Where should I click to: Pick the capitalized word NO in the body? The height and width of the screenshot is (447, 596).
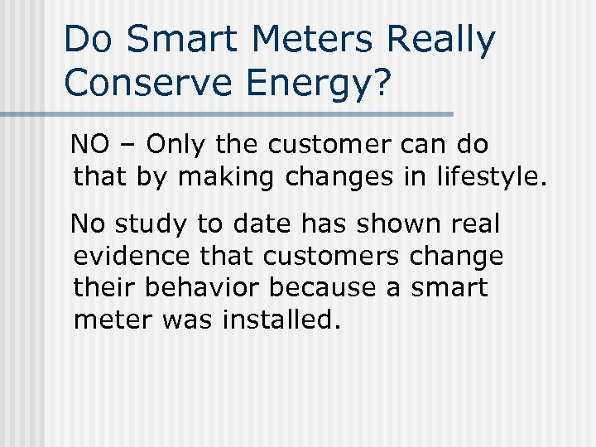click(x=89, y=145)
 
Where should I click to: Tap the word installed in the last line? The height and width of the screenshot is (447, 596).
click(x=281, y=319)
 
